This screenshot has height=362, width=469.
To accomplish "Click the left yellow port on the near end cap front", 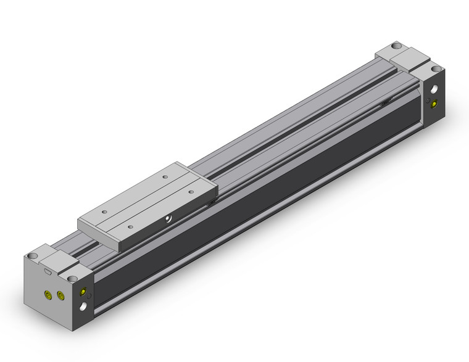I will pos(48,295).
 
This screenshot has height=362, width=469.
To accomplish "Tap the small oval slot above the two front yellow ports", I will pos(48,272).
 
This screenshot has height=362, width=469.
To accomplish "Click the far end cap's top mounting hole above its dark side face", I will pos(437,68).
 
